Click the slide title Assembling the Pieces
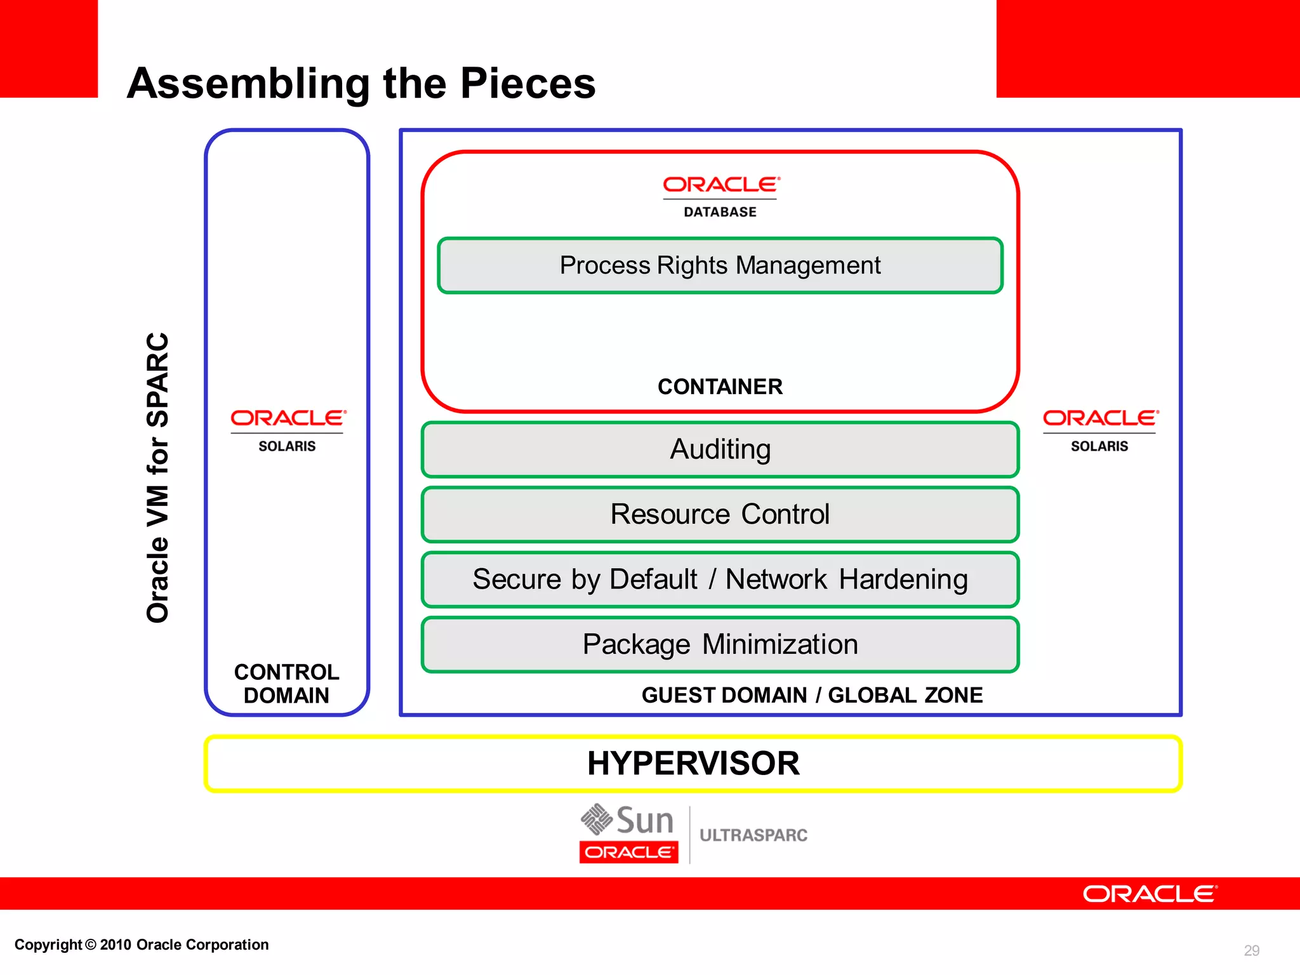361,83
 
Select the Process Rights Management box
720,265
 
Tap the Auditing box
720,449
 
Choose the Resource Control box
720,514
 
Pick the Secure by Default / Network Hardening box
720,580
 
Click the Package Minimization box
720,644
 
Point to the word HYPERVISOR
693,763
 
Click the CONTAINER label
720,387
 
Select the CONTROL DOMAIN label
286,684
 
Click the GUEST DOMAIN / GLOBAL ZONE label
812,695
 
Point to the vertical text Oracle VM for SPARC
157,477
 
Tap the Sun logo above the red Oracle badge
627,819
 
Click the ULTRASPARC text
753,835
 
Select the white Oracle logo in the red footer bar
1150,894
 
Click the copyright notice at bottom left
142,945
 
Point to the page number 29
1251,950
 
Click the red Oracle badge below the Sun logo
628,852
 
